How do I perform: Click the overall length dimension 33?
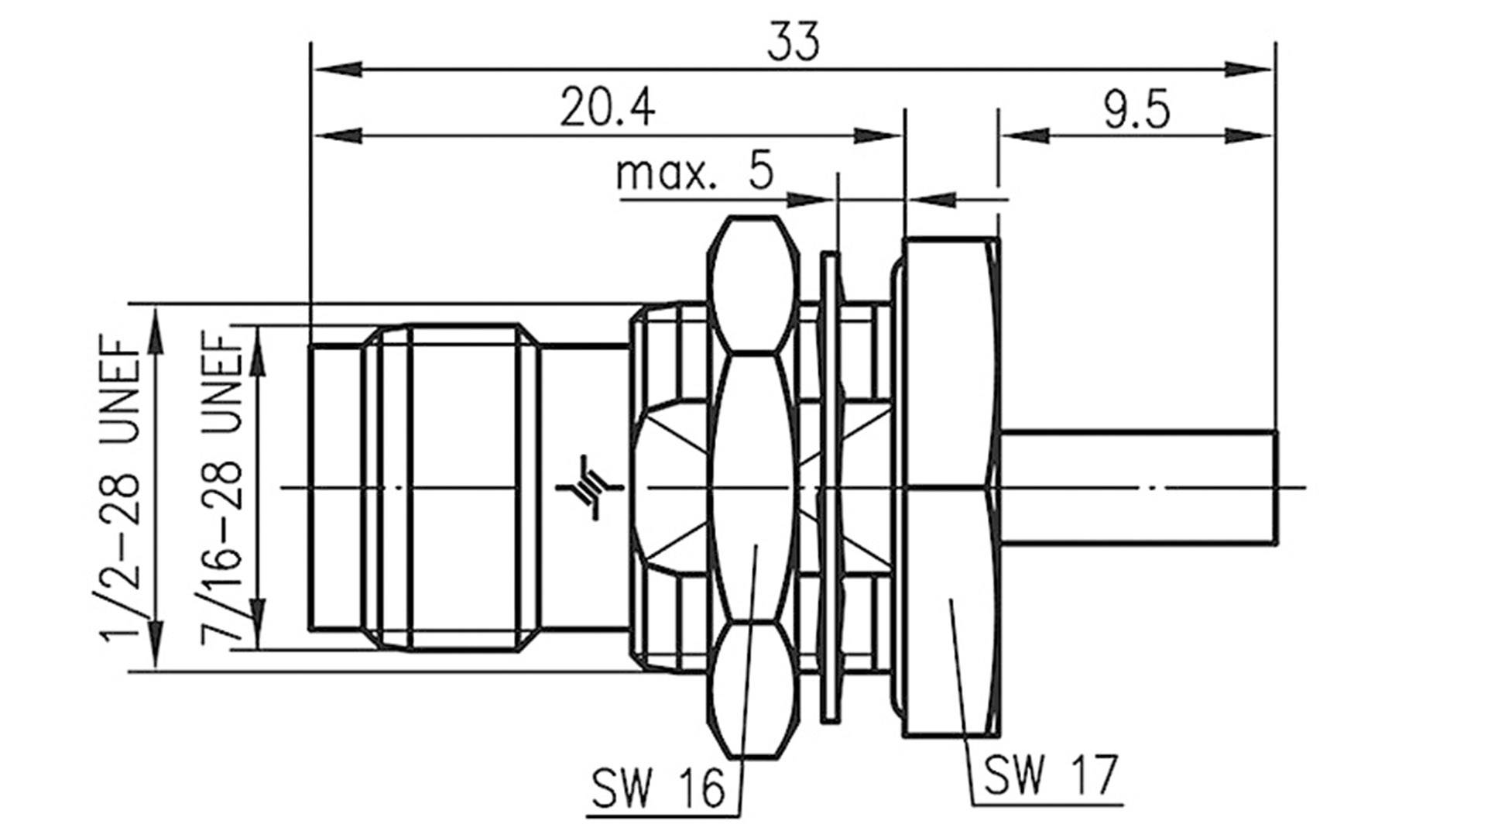pyautogui.click(x=792, y=43)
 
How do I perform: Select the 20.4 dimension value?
pyautogui.click(x=607, y=108)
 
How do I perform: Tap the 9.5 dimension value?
pyautogui.click(x=1136, y=111)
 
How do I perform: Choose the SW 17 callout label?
pyautogui.click(x=1050, y=774)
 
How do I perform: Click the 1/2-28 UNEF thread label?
pyautogui.click(x=121, y=488)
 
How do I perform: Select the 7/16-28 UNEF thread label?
pyautogui.click(x=223, y=488)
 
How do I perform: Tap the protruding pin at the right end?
pyautogui.click(x=1138, y=487)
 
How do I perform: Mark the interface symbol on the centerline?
pyautogui.click(x=589, y=487)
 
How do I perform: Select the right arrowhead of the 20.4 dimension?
pyautogui.click(x=879, y=136)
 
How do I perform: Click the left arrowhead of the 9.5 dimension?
pyautogui.click(x=1023, y=136)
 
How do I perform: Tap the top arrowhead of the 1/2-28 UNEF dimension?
pyautogui.click(x=156, y=325)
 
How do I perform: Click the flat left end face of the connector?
pyautogui.click(x=311, y=487)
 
